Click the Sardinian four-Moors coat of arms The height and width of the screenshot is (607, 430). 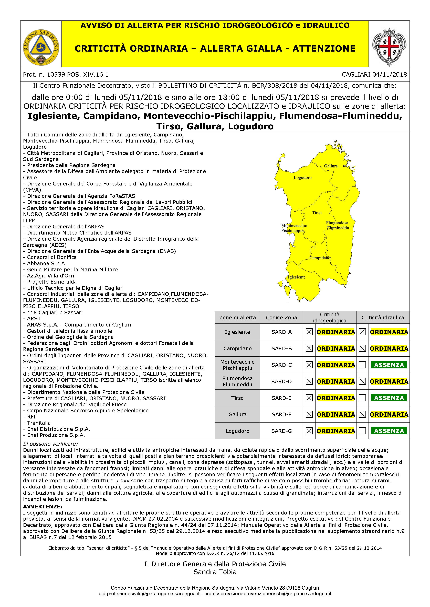[389, 47]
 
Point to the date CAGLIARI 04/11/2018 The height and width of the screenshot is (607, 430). [374, 75]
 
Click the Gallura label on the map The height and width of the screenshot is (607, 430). [331, 166]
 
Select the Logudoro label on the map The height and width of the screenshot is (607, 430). [302, 177]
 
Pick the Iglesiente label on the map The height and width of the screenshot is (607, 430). [297, 277]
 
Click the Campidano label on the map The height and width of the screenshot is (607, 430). [320, 258]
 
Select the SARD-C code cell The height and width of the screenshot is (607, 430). [281, 365]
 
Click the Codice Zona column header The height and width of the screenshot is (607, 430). [281, 318]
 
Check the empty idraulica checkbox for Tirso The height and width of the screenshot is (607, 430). [362, 398]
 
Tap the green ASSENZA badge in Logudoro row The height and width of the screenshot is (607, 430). [389, 431]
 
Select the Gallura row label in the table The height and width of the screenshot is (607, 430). [237, 415]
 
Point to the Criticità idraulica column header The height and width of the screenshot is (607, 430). [383, 318]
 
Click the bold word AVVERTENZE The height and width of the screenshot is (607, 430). [42, 507]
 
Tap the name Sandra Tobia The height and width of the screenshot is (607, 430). [215, 572]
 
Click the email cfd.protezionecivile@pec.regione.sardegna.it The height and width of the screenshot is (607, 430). [149, 594]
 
